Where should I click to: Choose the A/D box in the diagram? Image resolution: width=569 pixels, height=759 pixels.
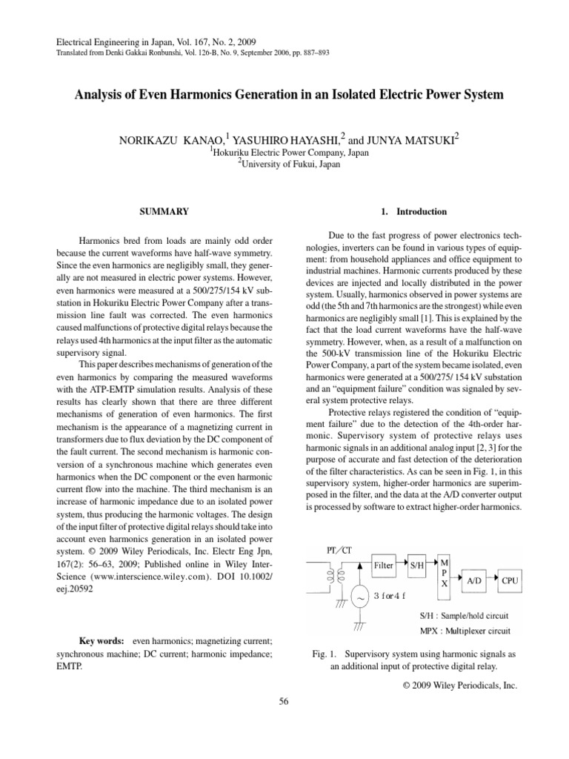[x=474, y=581]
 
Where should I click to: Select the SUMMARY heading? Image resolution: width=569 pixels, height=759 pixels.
[x=164, y=211]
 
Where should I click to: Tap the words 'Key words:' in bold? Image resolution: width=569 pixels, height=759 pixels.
[x=103, y=640]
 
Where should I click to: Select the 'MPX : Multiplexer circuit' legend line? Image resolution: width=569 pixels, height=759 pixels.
[x=457, y=631]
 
